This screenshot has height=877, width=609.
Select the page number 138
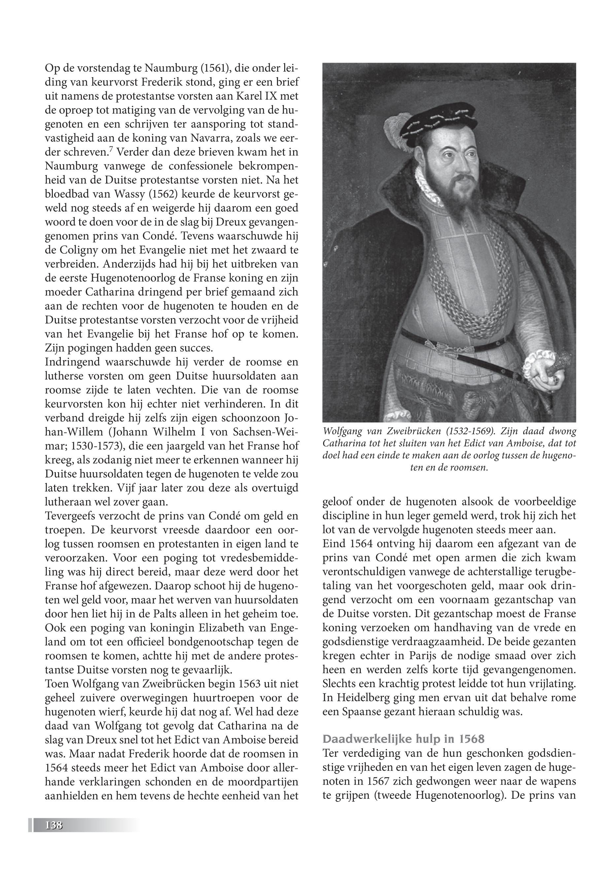coord(53,825)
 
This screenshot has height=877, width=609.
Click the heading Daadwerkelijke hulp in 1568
coord(403,739)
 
